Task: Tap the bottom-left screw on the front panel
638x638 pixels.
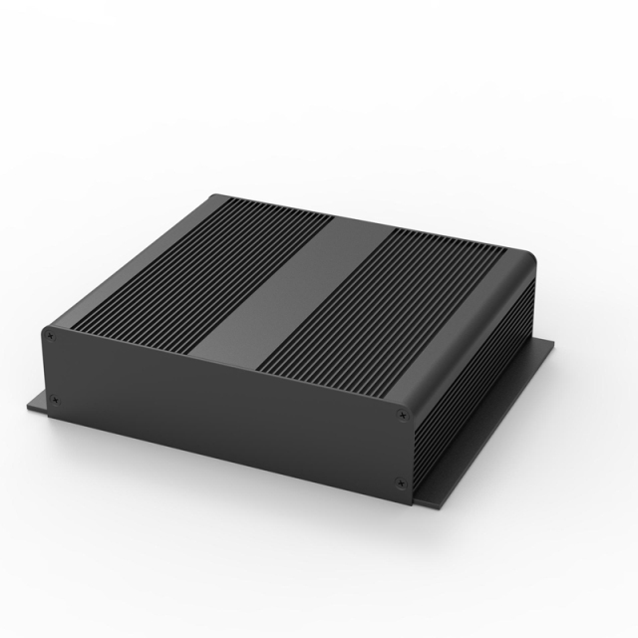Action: point(54,402)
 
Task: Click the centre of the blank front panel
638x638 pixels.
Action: point(224,409)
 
